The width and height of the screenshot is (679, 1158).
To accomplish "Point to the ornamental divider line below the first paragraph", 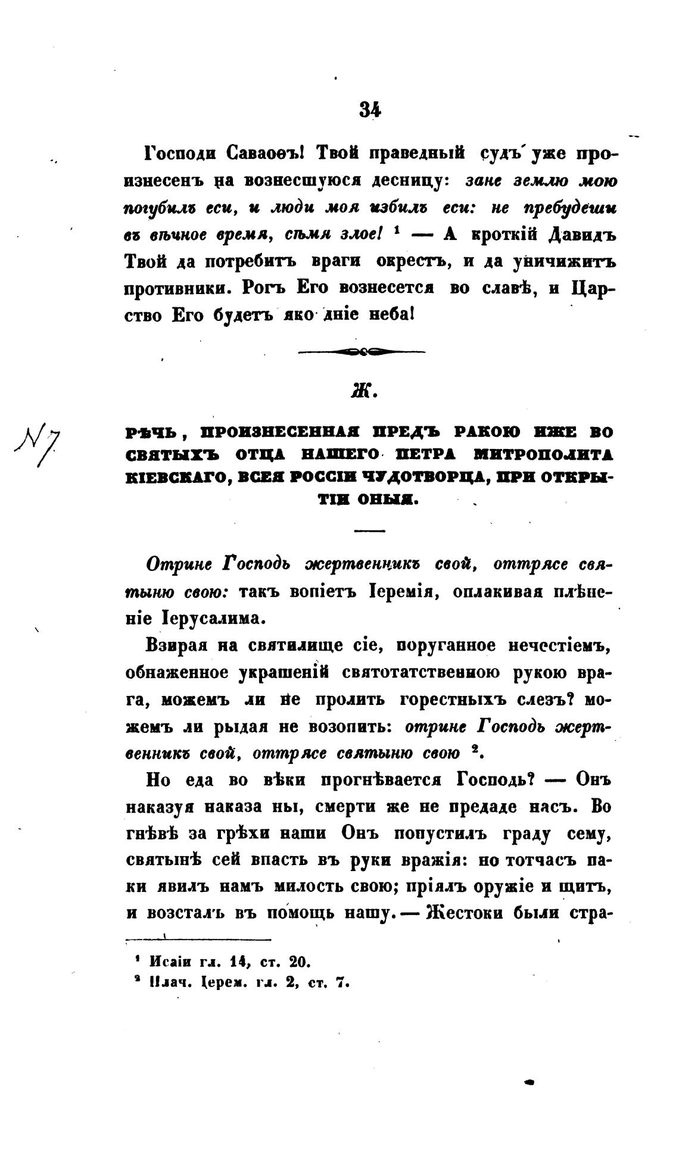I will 361,352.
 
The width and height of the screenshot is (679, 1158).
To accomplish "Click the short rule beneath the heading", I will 369,530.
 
